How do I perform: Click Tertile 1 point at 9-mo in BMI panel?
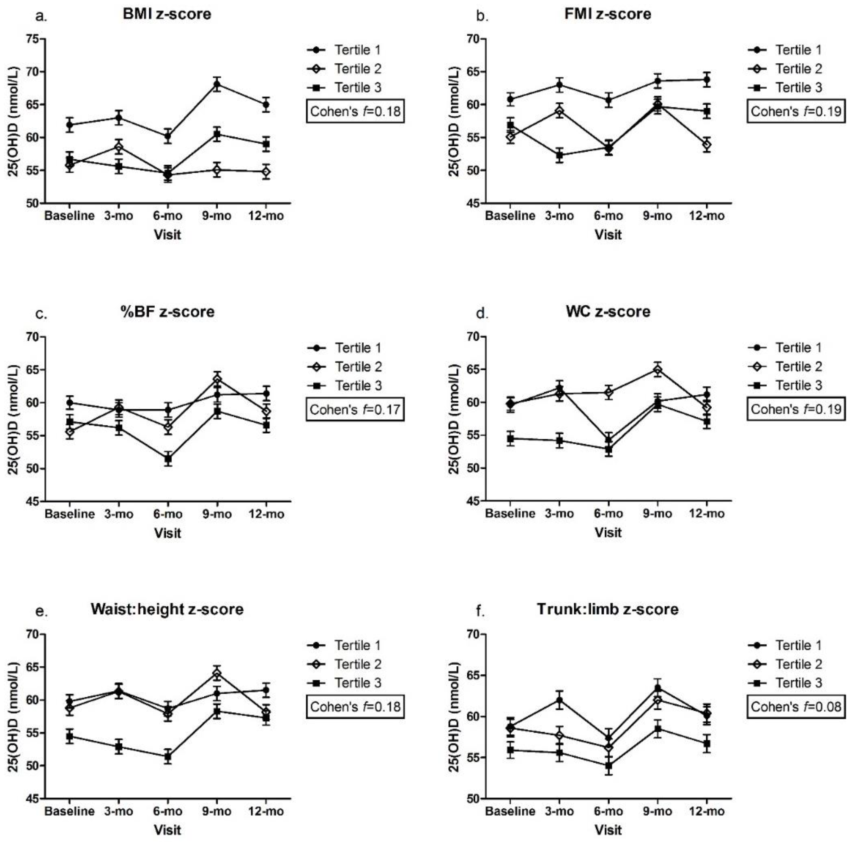tap(217, 84)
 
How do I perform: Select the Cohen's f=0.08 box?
tap(796, 707)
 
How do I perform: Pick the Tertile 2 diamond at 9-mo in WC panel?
tap(657, 369)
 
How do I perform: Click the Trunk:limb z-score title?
tap(607, 609)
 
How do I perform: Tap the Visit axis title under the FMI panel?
tap(608, 235)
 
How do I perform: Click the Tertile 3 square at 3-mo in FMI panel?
tap(559, 155)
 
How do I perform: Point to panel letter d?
tap(482, 314)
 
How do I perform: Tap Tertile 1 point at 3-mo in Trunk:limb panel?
tap(559, 700)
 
